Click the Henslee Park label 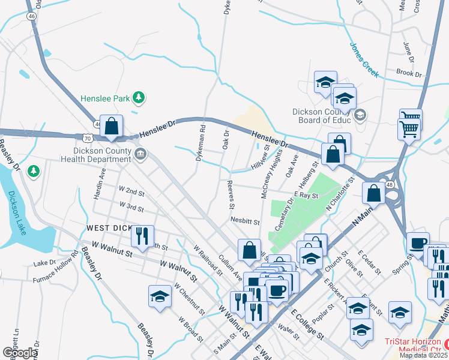click(106, 97)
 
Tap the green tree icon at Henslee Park click(139, 97)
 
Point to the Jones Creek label click(364, 59)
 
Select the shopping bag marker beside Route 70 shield click(111, 126)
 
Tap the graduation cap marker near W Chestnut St click(160, 296)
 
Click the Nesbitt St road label click(245, 221)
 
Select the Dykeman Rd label click(200, 144)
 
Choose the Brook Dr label click(409, 72)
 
